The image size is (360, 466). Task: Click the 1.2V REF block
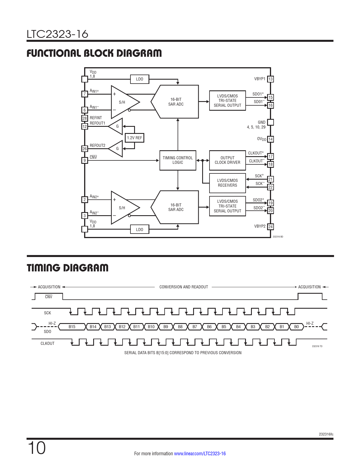(x=134, y=138)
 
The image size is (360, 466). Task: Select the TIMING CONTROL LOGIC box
(x=178, y=160)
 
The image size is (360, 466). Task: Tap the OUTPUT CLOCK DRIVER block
(x=228, y=160)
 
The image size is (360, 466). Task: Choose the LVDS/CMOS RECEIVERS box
(x=228, y=183)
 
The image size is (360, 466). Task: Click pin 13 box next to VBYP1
(x=270, y=79)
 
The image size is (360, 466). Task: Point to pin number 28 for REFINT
(x=85, y=118)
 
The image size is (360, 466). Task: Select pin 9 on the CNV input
(x=85, y=160)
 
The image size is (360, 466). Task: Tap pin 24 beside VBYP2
(x=270, y=227)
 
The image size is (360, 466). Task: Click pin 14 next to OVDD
(x=270, y=139)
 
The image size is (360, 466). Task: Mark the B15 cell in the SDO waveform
(x=72, y=326)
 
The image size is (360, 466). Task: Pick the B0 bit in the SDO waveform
(x=296, y=326)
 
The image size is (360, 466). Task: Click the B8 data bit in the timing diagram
(x=180, y=326)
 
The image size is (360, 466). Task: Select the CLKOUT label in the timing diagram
(x=47, y=343)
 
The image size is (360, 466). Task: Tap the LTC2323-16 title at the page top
(x=58, y=34)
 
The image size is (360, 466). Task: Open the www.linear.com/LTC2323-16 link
(x=200, y=454)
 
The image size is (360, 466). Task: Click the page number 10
(x=37, y=448)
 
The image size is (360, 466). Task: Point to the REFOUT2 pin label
(x=98, y=145)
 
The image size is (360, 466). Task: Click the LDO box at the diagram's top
(x=139, y=79)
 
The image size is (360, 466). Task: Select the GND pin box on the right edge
(x=270, y=122)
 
